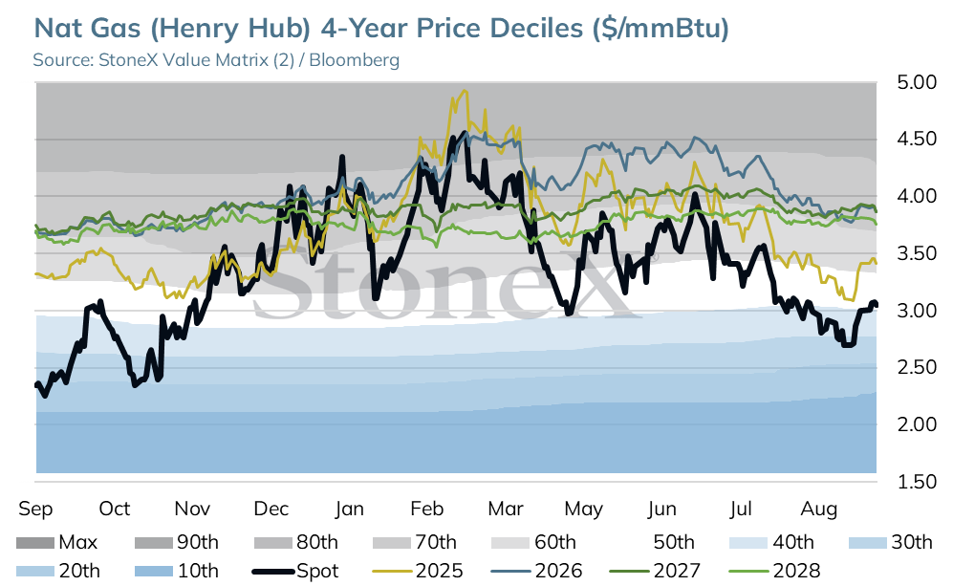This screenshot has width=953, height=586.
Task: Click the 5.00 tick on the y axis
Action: [x=917, y=82]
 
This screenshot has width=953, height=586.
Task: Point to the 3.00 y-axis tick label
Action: [x=917, y=310]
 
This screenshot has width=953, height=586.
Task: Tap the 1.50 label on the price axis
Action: [x=917, y=482]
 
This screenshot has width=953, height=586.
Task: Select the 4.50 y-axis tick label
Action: [x=917, y=140]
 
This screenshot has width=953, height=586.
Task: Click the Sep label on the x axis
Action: [x=36, y=509]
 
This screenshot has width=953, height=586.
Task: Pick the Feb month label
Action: [x=426, y=509]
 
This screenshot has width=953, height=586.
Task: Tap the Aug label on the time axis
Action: [x=818, y=509]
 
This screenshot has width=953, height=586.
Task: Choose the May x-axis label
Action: [x=583, y=509]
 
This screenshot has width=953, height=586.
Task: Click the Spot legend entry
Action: [x=295, y=571]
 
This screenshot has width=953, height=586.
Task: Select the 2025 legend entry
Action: [x=417, y=571]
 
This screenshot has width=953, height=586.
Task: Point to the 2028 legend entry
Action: [x=774, y=571]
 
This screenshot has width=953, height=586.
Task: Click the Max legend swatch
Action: [x=34, y=542]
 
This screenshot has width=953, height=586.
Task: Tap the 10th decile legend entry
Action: [x=176, y=571]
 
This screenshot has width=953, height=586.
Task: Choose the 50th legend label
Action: [x=674, y=542]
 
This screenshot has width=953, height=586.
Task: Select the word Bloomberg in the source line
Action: [x=355, y=60]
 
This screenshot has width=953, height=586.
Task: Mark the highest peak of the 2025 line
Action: [x=465, y=91]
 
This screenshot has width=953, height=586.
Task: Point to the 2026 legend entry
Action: [x=536, y=571]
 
